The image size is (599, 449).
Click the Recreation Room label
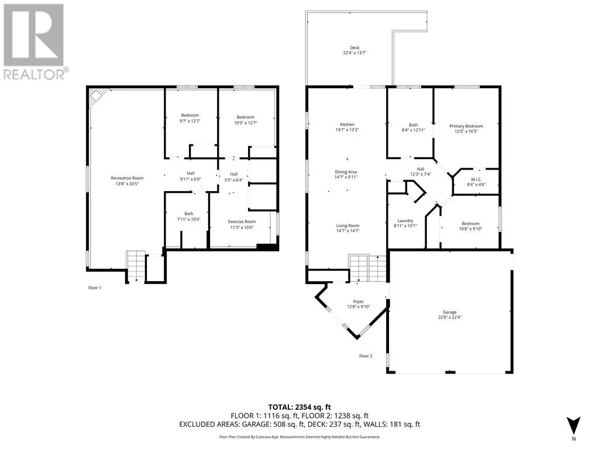(x=127, y=178)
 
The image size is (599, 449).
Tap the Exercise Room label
(x=242, y=222)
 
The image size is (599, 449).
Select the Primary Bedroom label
(x=466, y=126)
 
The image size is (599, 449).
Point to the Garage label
(x=450, y=312)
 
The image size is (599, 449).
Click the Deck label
(x=354, y=48)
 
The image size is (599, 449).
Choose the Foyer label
(x=359, y=302)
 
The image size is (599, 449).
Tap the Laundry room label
(x=405, y=220)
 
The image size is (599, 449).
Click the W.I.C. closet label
(x=476, y=179)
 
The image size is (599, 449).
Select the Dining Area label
(x=346, y=172)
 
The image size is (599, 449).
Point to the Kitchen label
(x=347, y=125)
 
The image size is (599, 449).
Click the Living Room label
(x=347, y=226)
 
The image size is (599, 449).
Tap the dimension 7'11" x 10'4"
(x=189, y=219)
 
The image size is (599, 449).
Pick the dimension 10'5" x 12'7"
(x=246, y=123)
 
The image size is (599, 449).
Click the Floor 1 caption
(x=95, y=288)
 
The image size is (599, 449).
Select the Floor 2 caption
(x=366, y=356)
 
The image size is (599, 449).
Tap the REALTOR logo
(x=36, y=42)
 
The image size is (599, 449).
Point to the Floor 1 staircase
(x=136, y=266)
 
